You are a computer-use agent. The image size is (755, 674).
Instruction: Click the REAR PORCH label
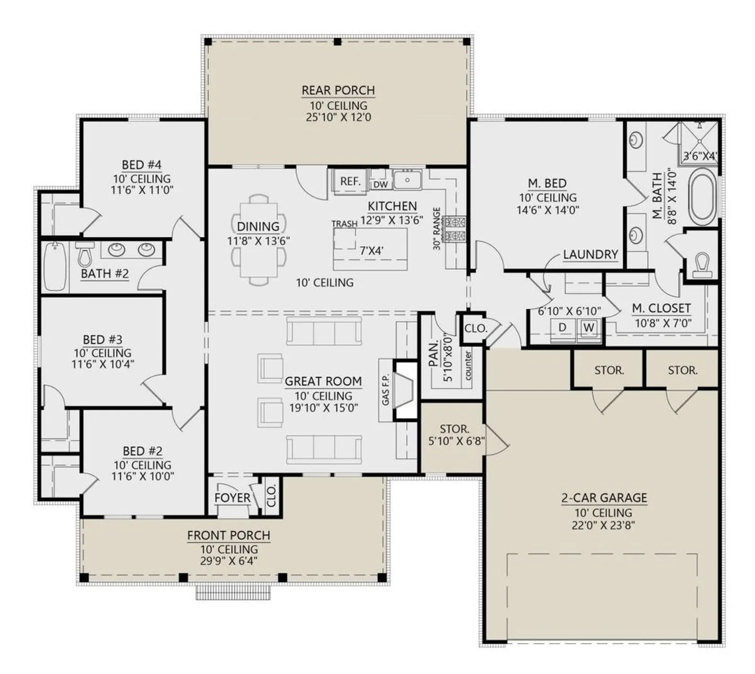(x=338, y=90)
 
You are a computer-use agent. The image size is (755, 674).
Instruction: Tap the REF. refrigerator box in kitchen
(x=350, y=182)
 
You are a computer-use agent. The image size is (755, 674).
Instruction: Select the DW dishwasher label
(x=380, y=185)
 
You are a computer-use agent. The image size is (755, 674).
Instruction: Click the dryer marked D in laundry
(x=562, y=328)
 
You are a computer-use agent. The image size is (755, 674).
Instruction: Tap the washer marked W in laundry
(x=589, y=328)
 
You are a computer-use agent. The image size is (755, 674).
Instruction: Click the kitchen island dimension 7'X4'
(x=371, y=251)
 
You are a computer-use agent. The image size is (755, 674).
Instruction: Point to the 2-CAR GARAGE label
(x=604, y=497)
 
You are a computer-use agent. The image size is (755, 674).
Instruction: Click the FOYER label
(x=232, y=497)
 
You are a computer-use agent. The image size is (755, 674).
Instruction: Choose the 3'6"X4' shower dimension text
(x=700, y=156)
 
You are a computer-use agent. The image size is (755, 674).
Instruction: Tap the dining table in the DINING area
(x=258, y=240)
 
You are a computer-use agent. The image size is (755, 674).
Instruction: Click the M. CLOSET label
(x=661, y=308)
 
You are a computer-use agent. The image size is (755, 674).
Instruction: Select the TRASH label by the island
(x=344, y=224)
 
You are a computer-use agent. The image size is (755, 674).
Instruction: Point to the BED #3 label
(x=102, y=340)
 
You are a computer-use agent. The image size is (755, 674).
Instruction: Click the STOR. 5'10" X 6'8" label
(x=455, y=435)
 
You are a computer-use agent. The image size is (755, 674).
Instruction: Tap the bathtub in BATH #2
(x=55, y=267)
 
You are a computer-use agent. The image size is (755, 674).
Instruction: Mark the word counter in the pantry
(x=468, y=365)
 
